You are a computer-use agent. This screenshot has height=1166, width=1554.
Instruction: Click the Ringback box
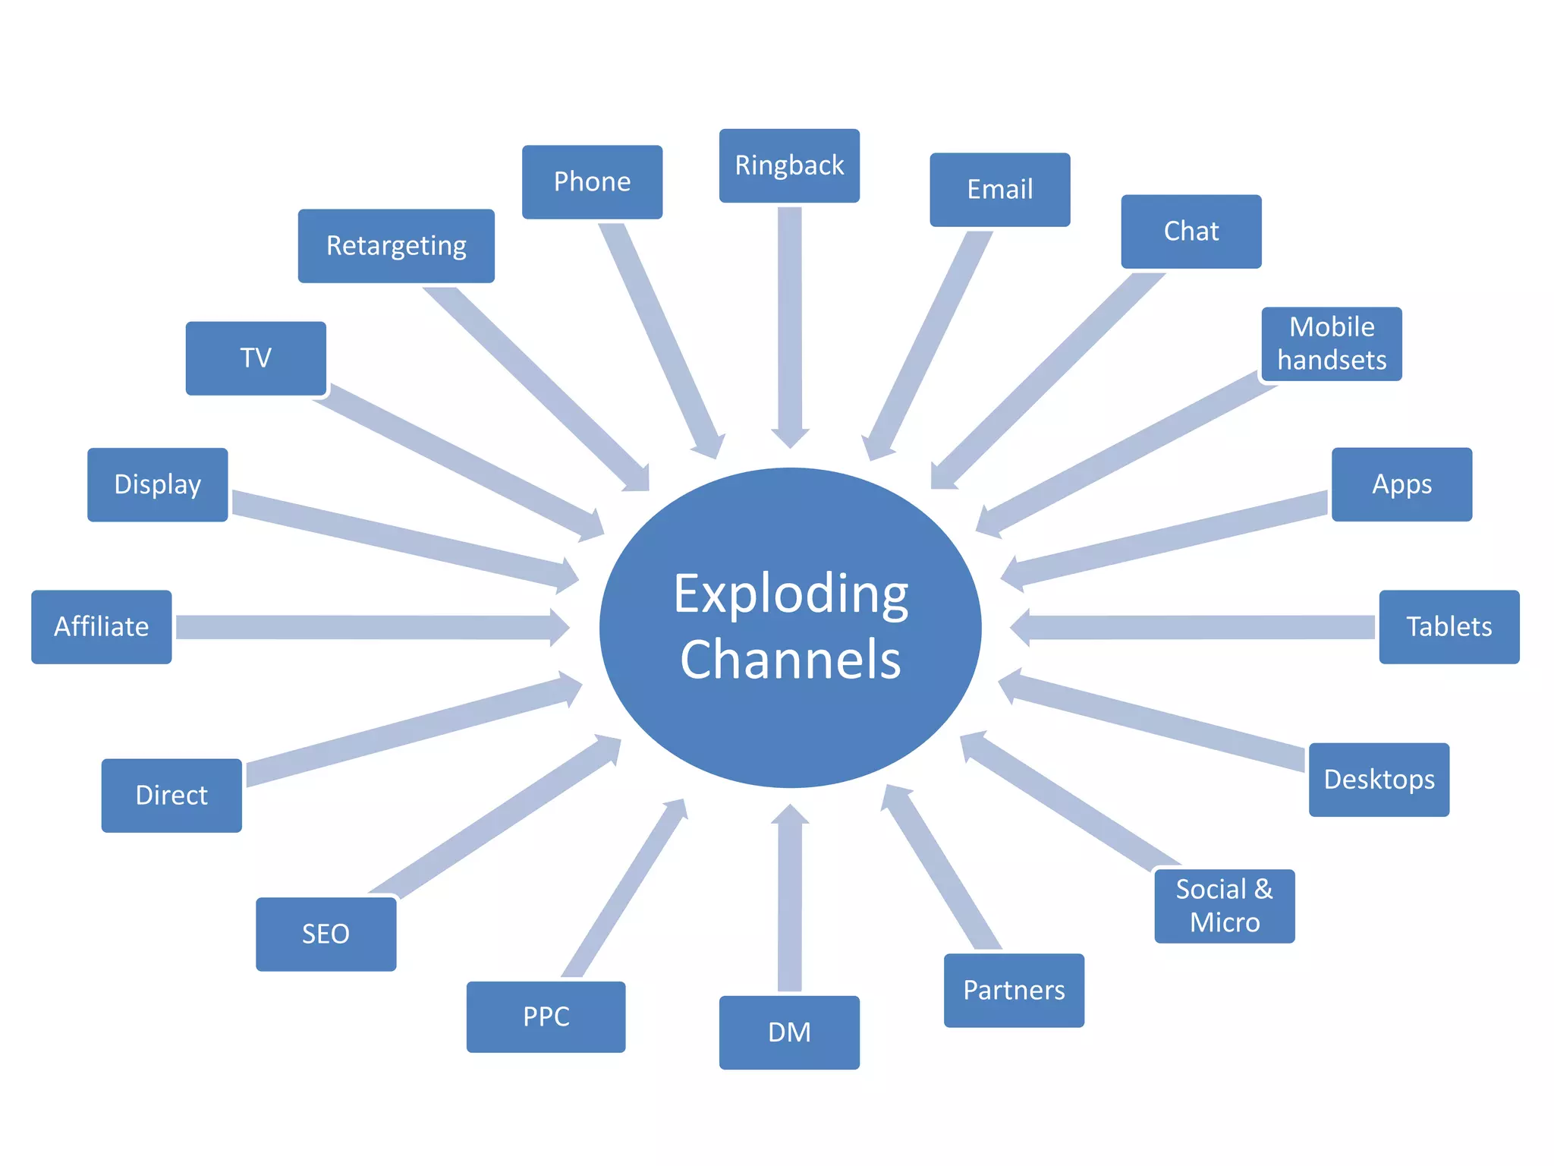pyautogui.click(x=789, y=165)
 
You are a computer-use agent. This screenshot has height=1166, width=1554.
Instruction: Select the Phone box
pyautogui.click(x=592, y=182)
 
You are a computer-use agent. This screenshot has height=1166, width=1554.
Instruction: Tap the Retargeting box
pyautogui.click(x=396, y=246)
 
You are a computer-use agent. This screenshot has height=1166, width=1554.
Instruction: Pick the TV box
pyautogui.click(x=256, y=358)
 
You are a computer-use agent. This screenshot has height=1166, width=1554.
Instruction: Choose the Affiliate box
pyautogui.click(x=101, y=627)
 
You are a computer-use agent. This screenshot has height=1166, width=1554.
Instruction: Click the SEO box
pyautogui.click(x=326, y=934)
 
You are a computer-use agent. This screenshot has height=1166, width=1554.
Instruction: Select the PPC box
pyautogui.click(x=546, y=1016)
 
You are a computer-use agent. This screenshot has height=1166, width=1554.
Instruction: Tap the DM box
pyautogui.click(x=789, y=1032)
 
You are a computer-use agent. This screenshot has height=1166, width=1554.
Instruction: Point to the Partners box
pyautogui.click(x=1014, y=991)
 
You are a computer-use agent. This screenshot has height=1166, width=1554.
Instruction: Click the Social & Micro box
pyautogui.click(x=1224, y=906)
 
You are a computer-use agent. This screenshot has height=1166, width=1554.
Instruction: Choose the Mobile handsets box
pyautogui.click(x=1332, y=344)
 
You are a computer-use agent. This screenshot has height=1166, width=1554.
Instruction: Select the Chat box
pyautogui.click(x=1191, y=232)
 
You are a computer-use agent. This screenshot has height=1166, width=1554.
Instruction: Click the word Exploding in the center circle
pyautogui.click(x=791, y=594)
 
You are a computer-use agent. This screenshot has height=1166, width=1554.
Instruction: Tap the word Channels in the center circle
pyautogui.click(x=791, y=659)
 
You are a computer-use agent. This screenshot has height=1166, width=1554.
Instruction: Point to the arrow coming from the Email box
pyautogui.click(x=930, y=342)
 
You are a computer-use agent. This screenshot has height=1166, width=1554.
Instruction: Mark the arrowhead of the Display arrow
pyautogui.click(x=565, y=575)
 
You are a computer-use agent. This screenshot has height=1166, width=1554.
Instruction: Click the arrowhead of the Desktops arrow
pyautogui.click(x=1012, y=685)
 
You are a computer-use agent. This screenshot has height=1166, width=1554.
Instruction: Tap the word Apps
pyautogui.click(x=1401, y=484)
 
